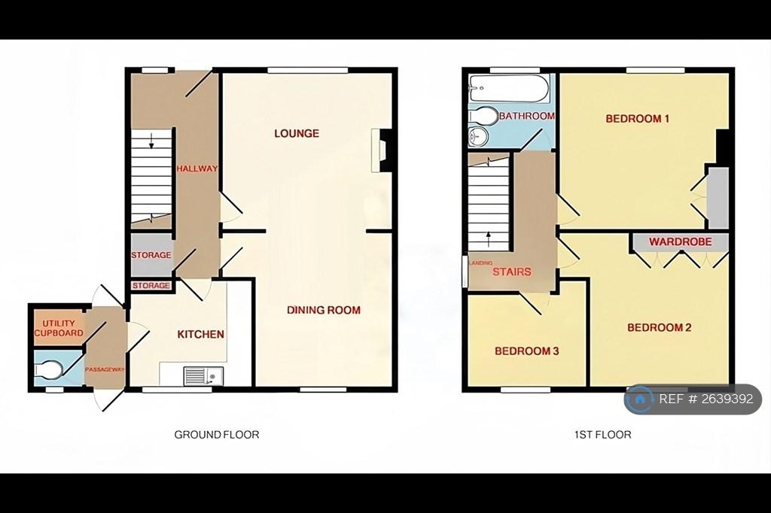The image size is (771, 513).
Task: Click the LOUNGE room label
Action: (x=297, y=133)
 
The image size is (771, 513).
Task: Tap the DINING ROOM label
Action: (x=324, y=310)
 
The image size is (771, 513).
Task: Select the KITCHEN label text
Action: (x=200, y=334)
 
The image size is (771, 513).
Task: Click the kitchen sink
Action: (x=203, y=376)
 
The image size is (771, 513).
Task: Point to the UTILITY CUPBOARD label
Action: (x=59, y=328)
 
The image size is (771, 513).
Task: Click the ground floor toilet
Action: (x=48, y=369)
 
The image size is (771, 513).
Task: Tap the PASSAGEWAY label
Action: (x=105, y=369)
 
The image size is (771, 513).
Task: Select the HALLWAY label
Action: (x=197, y=168)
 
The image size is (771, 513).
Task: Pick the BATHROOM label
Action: (x=526, y=116)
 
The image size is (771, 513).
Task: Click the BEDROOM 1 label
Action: (x=637, y=118)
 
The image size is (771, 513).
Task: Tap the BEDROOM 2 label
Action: (x=660, y=327)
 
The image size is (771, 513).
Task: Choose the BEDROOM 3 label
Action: (x=526, y=351)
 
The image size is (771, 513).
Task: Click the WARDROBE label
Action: (x=680, y=241)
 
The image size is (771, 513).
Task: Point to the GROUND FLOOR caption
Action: (x=216, y=434)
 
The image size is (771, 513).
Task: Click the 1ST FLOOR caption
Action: (x=603, y=434)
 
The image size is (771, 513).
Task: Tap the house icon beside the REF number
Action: (x=640, y=399)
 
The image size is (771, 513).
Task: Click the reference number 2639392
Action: (x=730, y=399)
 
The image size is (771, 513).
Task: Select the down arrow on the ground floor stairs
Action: (x=151, y=141)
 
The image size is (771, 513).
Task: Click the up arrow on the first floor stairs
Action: (x=488, y=239)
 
